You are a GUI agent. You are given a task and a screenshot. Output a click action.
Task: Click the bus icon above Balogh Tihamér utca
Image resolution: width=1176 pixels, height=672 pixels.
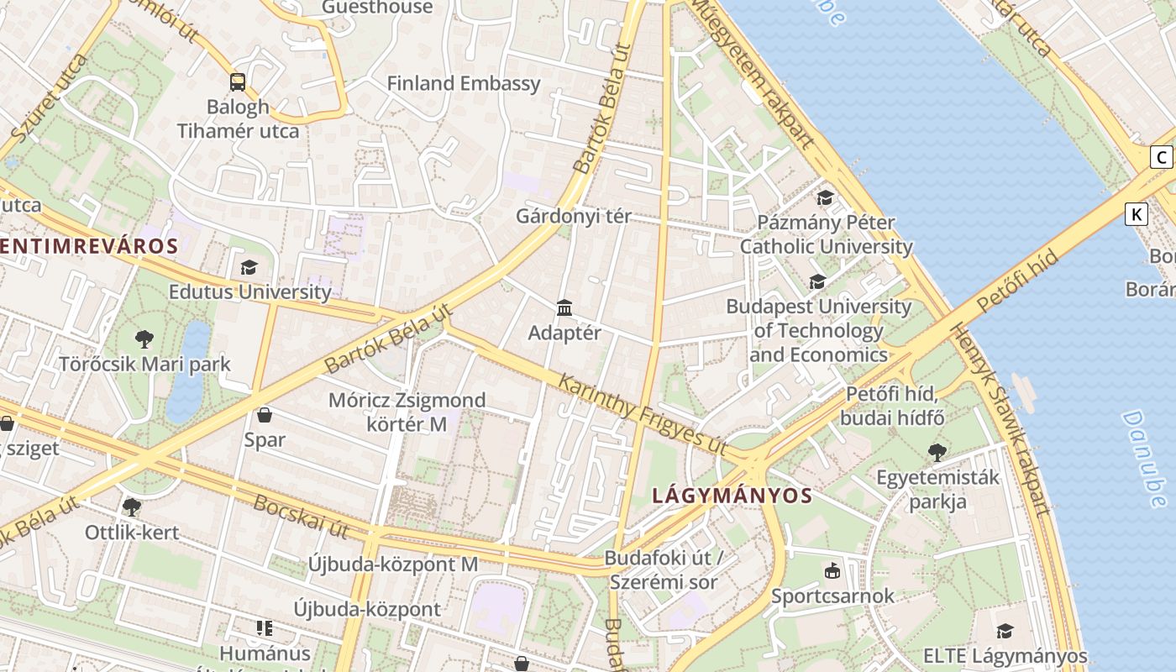pos(238,82)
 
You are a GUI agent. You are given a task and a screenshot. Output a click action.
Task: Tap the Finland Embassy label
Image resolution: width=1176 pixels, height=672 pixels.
pos(463,83)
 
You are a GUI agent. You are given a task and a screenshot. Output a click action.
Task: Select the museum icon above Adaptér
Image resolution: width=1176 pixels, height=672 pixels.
pos(564,308)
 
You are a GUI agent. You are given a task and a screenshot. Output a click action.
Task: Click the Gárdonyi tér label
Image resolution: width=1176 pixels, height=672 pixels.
pos(574,216)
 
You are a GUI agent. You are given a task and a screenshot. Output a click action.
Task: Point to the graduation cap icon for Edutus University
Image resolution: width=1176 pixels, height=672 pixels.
pos(249,268)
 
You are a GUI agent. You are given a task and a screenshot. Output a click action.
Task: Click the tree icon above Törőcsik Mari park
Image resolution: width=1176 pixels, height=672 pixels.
pos(144,339)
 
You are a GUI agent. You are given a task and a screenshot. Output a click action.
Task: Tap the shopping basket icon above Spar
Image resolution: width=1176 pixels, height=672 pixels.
pos(265,415)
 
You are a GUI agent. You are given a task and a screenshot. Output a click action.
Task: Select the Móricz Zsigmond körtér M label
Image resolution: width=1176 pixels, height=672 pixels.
pos(407,412)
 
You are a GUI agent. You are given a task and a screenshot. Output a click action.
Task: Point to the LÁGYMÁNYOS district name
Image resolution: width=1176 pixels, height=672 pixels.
pos(732,496)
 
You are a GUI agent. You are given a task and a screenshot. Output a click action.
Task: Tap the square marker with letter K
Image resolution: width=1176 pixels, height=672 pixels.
pos(1137,214)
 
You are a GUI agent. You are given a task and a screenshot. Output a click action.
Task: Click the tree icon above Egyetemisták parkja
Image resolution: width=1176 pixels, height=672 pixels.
pos(937,453)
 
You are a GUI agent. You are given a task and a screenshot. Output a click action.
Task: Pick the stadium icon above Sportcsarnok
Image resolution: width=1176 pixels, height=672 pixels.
pos(832,571)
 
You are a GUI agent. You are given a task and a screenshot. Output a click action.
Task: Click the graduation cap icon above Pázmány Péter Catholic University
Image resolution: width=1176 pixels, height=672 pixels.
pos(826,197)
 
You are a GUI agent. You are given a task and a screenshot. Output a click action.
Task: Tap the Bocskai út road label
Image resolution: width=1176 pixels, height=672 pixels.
pos(301,517)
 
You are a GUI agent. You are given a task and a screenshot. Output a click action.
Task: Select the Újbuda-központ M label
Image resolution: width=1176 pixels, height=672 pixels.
pos(392,564)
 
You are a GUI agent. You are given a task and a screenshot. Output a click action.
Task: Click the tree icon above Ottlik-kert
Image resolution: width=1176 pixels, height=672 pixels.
pos(131,507)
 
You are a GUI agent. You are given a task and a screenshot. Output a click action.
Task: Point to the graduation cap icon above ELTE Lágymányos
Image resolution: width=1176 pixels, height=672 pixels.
pos(1005,631)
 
